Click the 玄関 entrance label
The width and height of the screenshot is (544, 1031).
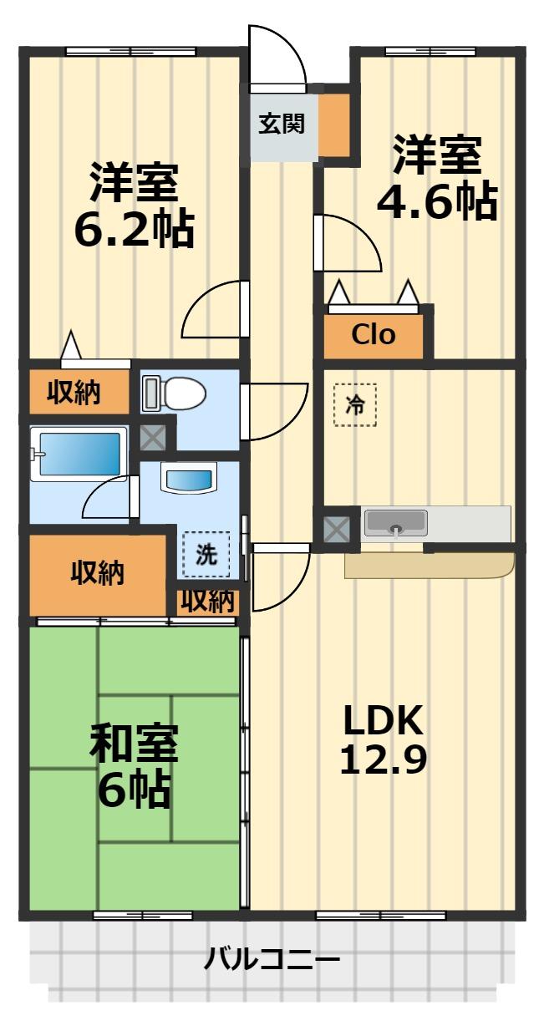(280, 124)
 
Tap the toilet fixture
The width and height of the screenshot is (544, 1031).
(174, 393)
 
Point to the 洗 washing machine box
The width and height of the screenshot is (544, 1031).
(206, 554)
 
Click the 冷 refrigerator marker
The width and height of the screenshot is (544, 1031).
(354, 405)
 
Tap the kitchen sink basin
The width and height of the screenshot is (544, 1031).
(396, 524)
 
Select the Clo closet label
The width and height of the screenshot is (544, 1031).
(373, 335)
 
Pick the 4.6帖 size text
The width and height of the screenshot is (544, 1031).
(437, 201)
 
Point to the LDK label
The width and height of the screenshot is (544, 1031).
(384, 719)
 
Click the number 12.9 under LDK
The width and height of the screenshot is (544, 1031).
(384, 759)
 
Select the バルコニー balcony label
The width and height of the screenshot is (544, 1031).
(272, 958)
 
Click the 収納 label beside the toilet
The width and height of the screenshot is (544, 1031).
(74, 392)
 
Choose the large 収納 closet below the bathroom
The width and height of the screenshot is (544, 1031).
(97, 573)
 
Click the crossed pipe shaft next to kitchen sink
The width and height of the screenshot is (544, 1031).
(337, 528)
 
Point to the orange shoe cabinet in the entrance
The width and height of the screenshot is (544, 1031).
(336, 125)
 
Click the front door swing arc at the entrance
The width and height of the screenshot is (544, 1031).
(280, 50)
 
